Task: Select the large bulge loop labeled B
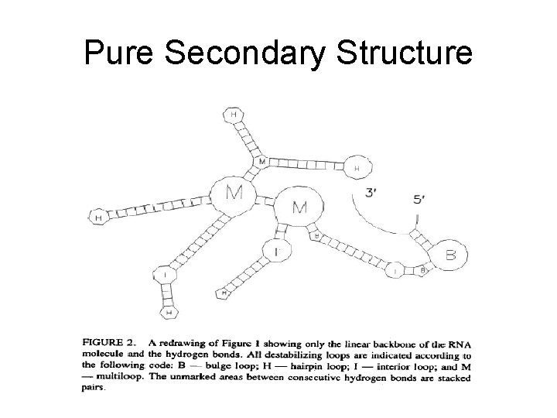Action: (x=450, y=253)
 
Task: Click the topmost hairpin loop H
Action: (x=233, y=115)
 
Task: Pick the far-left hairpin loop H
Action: (x=98, y=219)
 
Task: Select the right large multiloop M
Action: (x=299, y=207)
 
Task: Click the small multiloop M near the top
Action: (x=261, y=162)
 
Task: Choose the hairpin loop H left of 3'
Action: (x=357, y=166)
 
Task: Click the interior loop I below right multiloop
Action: (x=276, y=251)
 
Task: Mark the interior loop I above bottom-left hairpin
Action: (x=165, y=274)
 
